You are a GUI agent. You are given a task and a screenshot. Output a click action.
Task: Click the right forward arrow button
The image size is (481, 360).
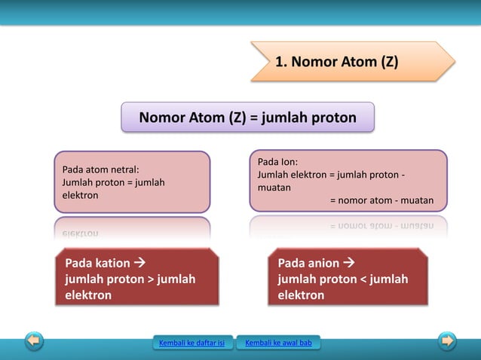coord(447,341)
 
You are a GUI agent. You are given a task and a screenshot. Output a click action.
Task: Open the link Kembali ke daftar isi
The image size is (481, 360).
coord(191,344)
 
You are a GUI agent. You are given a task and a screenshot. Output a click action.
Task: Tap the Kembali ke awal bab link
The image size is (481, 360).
coord(278,344)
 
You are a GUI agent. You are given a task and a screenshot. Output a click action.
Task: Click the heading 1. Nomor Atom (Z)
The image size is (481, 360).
coord(336,61)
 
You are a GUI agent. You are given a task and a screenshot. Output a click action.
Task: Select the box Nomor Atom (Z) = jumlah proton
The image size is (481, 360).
coord(247,117)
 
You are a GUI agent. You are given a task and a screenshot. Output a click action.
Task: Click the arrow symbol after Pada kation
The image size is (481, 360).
coord(139,264)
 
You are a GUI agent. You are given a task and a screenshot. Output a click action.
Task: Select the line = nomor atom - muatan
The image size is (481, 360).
coord(381,200)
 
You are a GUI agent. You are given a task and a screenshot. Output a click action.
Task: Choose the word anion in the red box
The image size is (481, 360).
coord(323,264)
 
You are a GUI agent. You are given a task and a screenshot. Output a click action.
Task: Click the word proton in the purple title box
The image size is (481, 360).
coord(330,117)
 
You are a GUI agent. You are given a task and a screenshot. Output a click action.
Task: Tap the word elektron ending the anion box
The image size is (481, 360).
coord(301,295)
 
